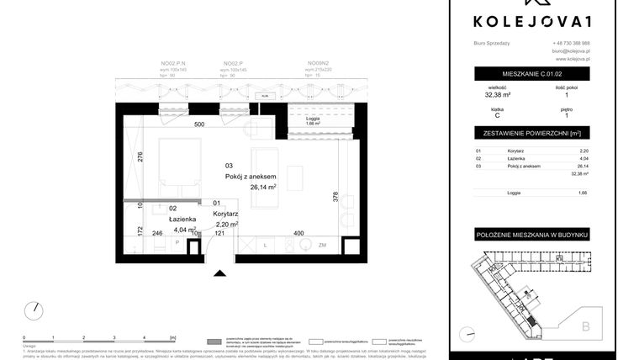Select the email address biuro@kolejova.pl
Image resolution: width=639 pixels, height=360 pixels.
coord(571,51)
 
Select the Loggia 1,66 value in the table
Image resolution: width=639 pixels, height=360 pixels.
coord(583,193)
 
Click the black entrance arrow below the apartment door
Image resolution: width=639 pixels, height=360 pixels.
coord(220,273)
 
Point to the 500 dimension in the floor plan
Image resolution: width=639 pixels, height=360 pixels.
coord(199,124)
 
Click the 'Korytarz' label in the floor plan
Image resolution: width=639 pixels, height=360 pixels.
coord(229,214)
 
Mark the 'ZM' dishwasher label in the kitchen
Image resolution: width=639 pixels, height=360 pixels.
coord(323,244)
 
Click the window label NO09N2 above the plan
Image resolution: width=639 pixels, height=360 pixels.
coord(316,63)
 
